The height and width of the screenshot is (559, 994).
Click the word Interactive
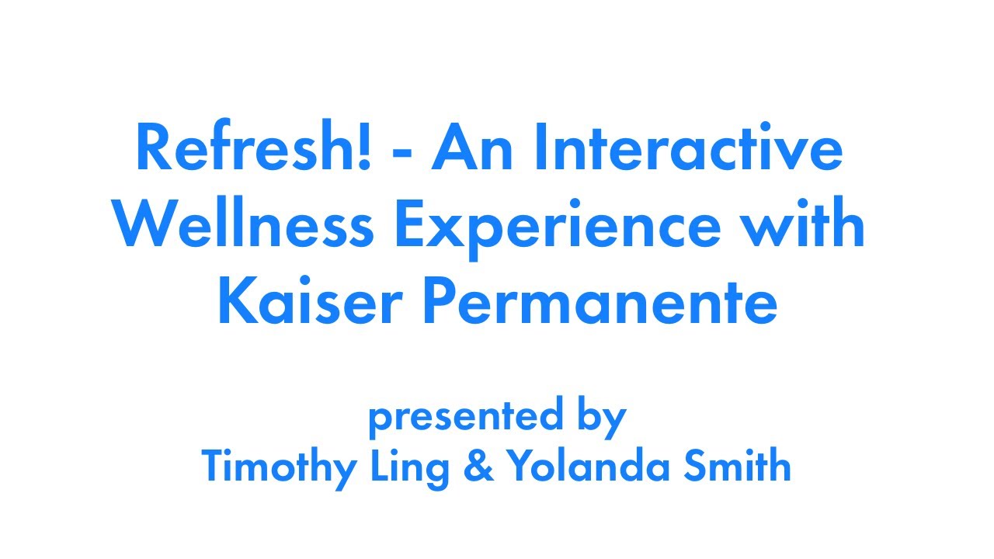pos(688,148)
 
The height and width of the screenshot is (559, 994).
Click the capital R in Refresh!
pos(151,148)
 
